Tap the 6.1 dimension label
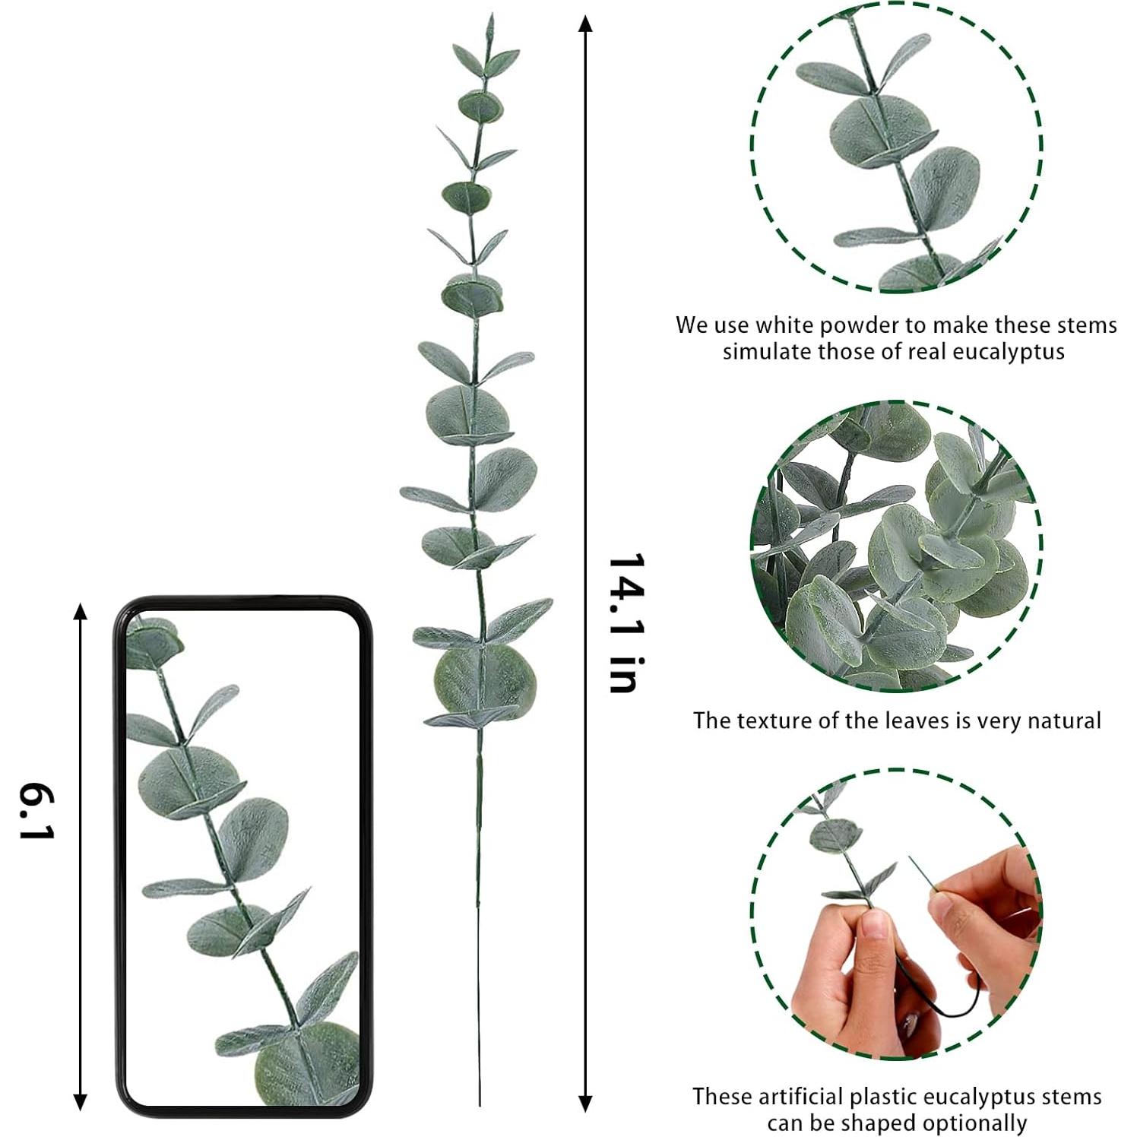(x=36, y=813)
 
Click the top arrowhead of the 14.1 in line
(x=584, y=23)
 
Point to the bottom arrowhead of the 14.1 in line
(x=584, y=1104)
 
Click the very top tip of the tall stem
(x=491, y=15)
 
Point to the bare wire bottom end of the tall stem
(x=480, y=1102)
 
